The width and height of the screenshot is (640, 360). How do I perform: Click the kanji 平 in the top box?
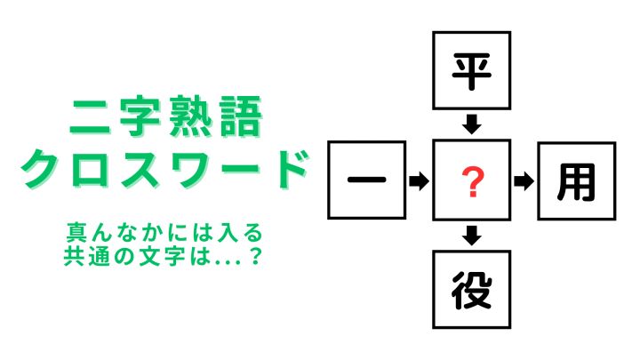471,71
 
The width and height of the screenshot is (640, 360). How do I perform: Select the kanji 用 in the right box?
576,182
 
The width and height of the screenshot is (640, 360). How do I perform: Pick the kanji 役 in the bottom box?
471,290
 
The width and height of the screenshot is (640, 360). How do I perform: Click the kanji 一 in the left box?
366,180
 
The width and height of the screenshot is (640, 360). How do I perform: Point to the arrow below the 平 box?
471,124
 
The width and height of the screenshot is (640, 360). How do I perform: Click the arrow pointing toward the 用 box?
524,181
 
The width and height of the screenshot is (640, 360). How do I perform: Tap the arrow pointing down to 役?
471,236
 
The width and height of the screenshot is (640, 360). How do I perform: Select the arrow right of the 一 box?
419,180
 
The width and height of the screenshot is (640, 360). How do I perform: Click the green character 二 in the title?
91,116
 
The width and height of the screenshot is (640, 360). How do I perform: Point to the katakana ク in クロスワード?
41,169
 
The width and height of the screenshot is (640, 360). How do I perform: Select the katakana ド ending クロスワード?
291,169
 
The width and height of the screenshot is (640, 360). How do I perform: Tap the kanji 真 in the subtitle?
75,232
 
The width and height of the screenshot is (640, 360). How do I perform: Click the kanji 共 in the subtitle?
73,256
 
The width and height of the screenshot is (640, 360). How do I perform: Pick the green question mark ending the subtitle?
256,256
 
